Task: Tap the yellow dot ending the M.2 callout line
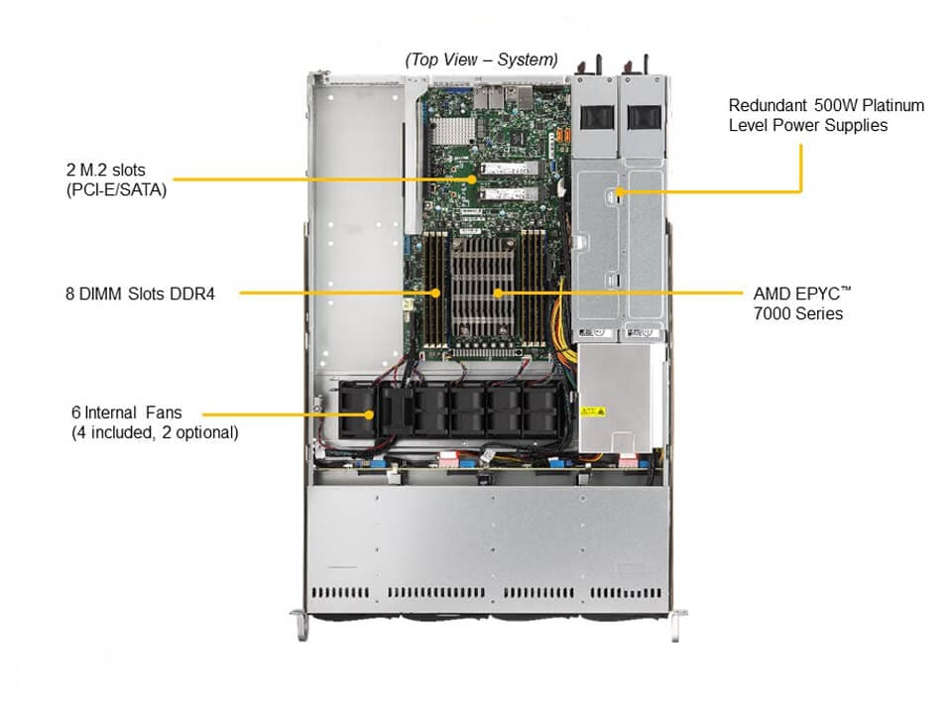click(472, 179)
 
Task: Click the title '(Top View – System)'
click(481, 59)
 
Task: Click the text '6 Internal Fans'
click(133, 412)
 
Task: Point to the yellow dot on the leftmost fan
click(371, 413)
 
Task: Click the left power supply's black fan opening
click(595, 115)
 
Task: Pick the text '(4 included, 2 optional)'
click(154, 432)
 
